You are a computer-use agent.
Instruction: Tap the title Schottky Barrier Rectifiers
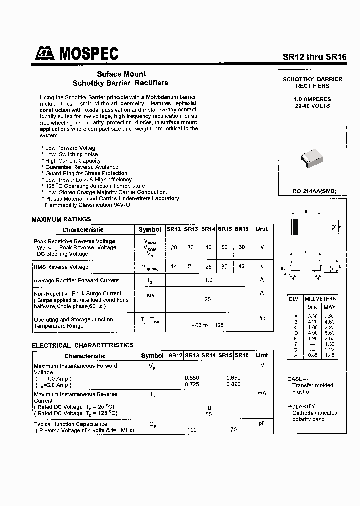point(120,83)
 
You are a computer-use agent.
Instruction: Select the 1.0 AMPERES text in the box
point(312,99)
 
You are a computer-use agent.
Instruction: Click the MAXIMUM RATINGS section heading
point(61,219)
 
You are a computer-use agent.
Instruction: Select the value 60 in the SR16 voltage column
point(242,247)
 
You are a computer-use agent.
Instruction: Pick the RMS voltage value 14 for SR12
point(174,267)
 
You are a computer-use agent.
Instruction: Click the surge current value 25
point(208,299)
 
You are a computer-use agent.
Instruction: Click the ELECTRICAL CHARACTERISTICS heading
point(83,345)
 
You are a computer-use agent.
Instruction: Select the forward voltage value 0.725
point(192,385)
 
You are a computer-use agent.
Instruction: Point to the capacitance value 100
point(192,430)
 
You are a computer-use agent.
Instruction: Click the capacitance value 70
point(234,430)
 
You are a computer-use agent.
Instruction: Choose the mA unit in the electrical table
point(261,394)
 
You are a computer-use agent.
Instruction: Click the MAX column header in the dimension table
point(329,307)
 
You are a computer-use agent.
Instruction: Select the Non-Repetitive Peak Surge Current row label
point(78,293)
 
